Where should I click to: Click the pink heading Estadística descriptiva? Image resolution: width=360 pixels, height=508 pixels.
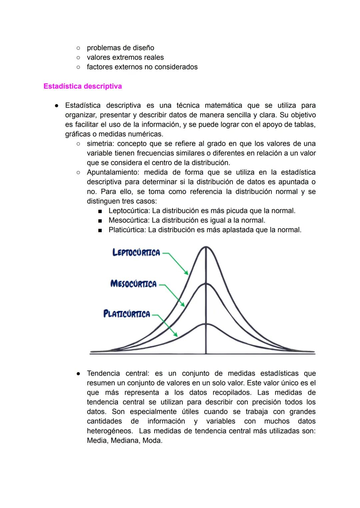pos(83,86)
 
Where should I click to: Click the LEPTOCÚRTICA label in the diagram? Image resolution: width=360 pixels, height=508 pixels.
pos(136,253)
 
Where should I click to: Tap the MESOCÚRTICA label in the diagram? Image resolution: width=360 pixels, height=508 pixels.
pos(133,284)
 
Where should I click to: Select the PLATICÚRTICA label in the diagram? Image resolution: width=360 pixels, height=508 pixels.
pos(127,314)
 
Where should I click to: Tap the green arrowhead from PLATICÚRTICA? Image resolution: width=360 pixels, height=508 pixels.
pos(176,335)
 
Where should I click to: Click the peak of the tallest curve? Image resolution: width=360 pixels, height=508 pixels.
pos(206,247)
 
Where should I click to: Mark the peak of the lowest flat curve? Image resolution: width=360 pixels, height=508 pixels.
pos(206,324)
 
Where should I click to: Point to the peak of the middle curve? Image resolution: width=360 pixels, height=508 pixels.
pos(206,284)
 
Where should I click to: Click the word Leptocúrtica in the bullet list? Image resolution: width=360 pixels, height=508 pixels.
pos(129,211)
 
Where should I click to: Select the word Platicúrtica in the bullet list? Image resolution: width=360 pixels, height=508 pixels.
pos(127,230)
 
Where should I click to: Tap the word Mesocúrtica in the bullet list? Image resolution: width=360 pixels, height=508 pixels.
pos(129,221)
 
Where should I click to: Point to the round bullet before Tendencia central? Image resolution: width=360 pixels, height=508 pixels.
pos(78,373)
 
